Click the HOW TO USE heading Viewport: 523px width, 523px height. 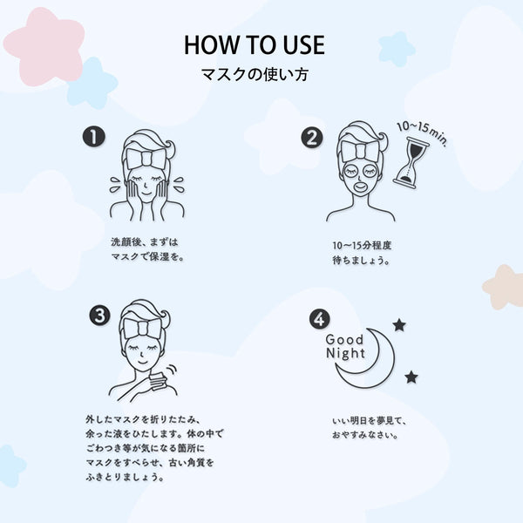(255, 45)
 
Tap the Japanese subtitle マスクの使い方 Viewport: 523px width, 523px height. (255, 75)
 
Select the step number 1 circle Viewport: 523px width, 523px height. (94, 137)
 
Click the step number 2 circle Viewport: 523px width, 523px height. (312, 138)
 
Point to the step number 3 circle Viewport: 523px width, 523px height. (99, 316)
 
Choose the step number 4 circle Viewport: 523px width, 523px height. (320, 319)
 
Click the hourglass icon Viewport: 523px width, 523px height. (411, 163)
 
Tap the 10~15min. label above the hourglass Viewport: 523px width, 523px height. (422, 132)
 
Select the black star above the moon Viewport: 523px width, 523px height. (399, 325)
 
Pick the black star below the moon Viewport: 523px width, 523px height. (411, 377)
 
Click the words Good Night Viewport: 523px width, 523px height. (345, 347)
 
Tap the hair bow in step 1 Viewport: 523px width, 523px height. (146, 157)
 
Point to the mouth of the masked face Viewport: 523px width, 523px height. (361, 186)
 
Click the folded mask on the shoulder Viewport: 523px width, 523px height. (158, 382)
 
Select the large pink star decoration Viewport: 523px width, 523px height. (44, 46)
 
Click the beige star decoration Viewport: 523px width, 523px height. (503, 287)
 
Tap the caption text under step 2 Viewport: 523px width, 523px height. (362, 253)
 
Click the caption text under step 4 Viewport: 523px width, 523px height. (370, 428)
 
